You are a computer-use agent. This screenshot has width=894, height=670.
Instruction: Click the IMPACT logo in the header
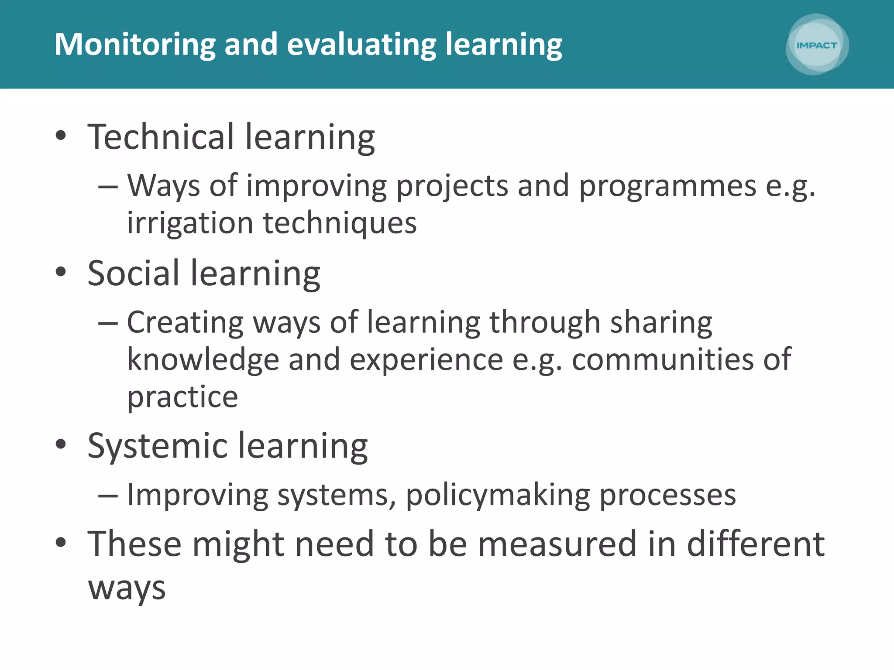click(817, 45)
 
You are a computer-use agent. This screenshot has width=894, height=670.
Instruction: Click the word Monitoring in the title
click(135, 44)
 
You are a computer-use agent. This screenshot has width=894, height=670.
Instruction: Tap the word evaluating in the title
click(361, 44)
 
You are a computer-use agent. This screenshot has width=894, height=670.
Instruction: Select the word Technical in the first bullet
click(161, 137)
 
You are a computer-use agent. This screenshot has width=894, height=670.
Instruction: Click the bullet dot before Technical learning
click(61, 136)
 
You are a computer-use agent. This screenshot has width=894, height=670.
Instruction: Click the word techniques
click(340, 223)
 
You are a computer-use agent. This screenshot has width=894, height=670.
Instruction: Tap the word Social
click(134, 273)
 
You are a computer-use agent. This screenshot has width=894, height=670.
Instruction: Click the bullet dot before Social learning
click(61, 272)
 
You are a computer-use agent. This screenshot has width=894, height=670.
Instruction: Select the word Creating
click(185, 323)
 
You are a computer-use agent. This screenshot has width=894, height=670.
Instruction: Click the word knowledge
click(203, 360)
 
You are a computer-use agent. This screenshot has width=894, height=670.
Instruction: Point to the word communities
click(662, 360)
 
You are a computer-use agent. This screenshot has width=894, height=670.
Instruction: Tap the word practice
click(182, 397)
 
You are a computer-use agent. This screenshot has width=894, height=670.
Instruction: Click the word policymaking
click(498, 496)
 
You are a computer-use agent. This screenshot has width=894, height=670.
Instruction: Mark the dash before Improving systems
click(108, 496)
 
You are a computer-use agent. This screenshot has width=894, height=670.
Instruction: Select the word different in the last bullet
click(756, 544)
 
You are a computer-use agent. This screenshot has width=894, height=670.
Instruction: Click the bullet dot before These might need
click(61, 543)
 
